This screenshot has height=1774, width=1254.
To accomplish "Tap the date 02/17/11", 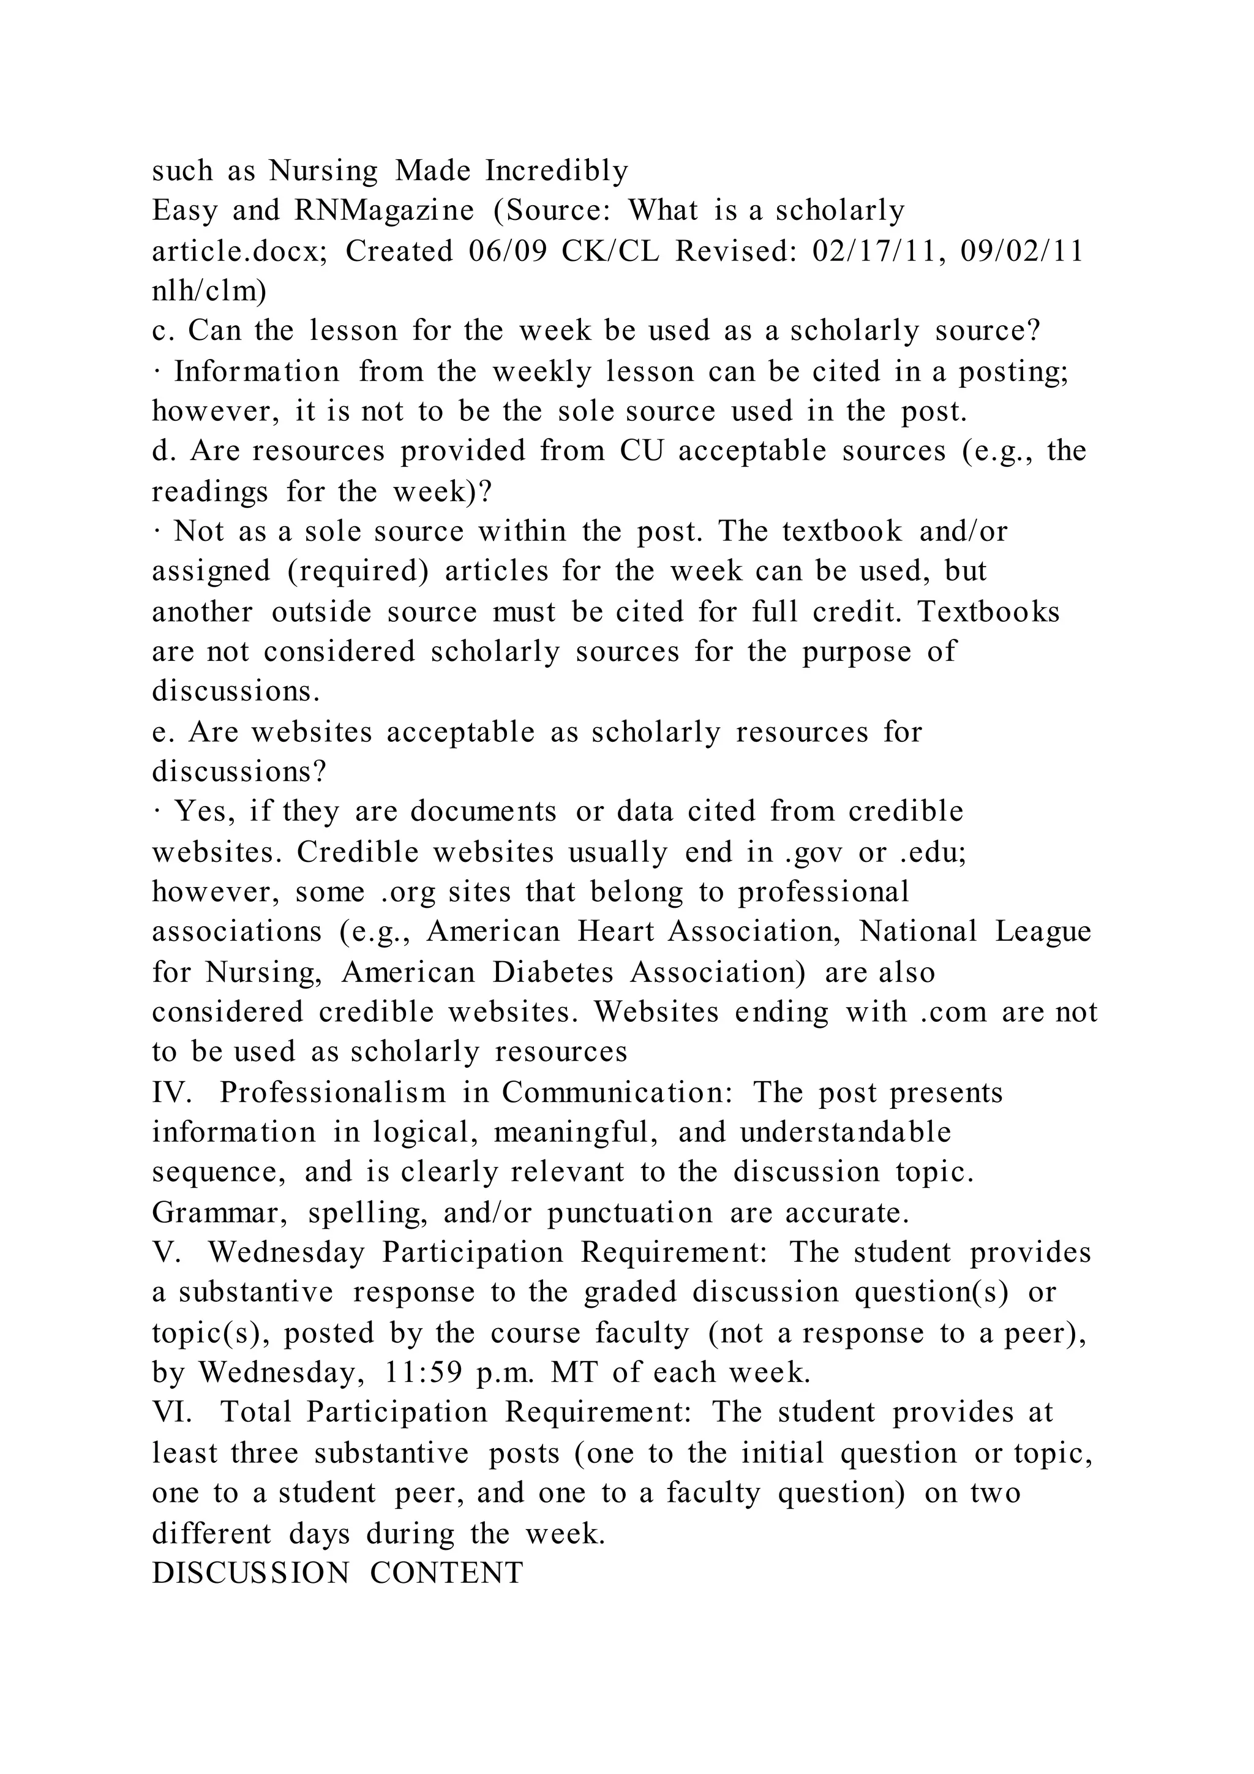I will tap(878, 251).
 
